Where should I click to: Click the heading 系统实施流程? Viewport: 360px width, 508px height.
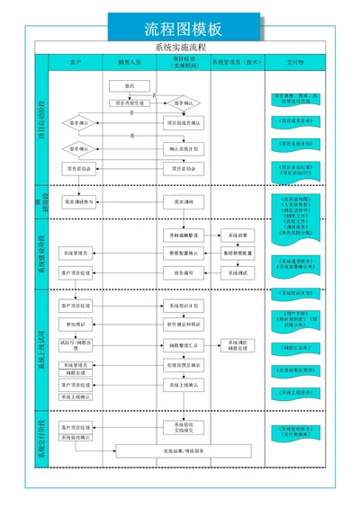180,47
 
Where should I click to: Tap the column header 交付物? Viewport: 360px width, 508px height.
296,64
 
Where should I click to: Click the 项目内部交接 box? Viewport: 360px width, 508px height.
129,102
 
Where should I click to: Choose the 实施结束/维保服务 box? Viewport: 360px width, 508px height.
184,450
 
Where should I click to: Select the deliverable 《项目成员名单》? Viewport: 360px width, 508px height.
296,120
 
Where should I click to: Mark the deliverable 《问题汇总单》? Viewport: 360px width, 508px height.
296,346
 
